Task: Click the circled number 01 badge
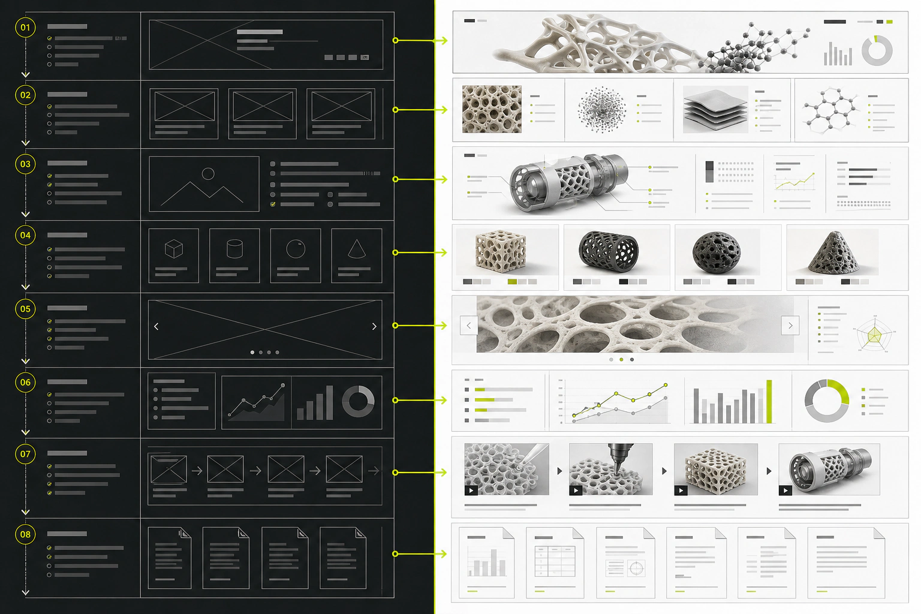click(x=26, y=28)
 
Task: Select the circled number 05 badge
click(x=26, y=309)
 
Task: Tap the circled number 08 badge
click(x=26, y=534)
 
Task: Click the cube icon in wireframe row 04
click(x=173, y=249)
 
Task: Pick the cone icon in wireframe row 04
click(x=357, y=248)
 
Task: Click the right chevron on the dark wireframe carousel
click(x=374, y=327)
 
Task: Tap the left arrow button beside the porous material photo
click(x=469, y=326)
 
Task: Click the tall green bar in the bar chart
click(x=769, y=401)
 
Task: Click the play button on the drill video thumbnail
click(x=576, y=490)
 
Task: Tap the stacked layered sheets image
click(x=715, y=109)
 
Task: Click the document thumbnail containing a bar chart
click(x=486, y=562)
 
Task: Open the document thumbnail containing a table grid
click(x=555, y=562)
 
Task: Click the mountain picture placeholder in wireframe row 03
click(x=204, y=184)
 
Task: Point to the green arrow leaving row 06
click(x=420, y=400)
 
